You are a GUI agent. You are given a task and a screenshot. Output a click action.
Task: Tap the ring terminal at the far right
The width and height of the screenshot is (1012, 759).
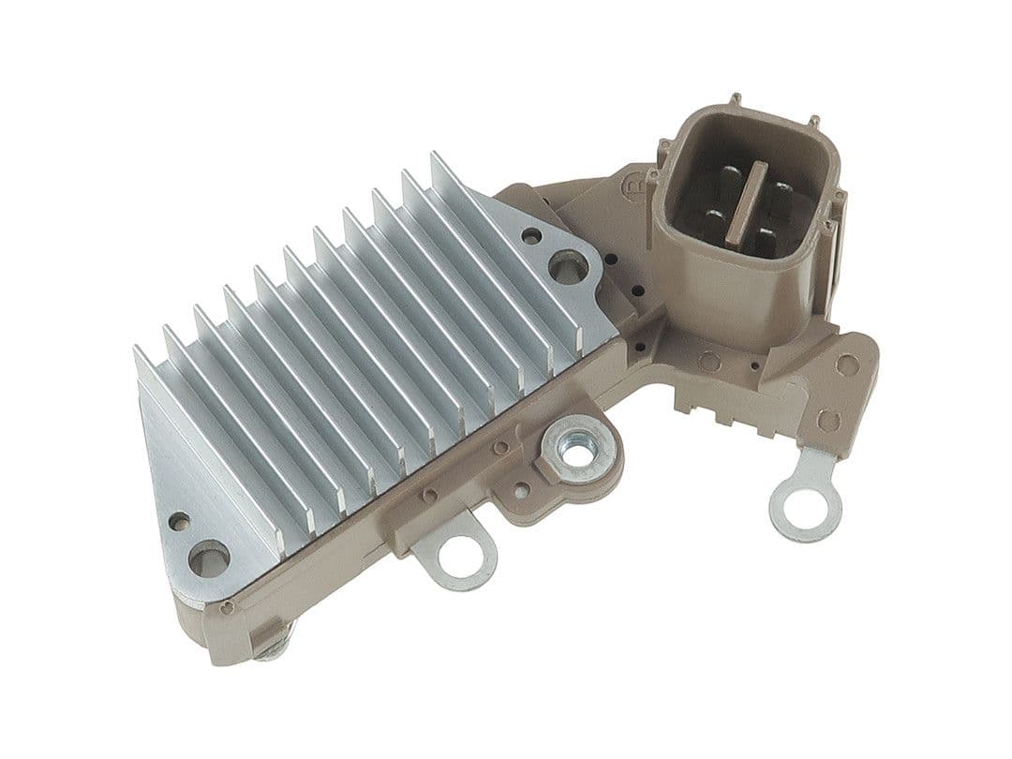coord(805,506)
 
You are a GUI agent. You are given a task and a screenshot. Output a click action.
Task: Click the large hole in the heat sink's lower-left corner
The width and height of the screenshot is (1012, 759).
coord(208,558)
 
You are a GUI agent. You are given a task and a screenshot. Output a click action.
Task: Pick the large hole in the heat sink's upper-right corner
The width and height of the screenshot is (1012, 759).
coord(568,267)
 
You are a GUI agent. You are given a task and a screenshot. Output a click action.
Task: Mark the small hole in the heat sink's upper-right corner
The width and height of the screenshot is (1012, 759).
coord(531,236)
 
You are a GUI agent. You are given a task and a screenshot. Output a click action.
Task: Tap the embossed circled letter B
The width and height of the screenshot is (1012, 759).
coord(632,186)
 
